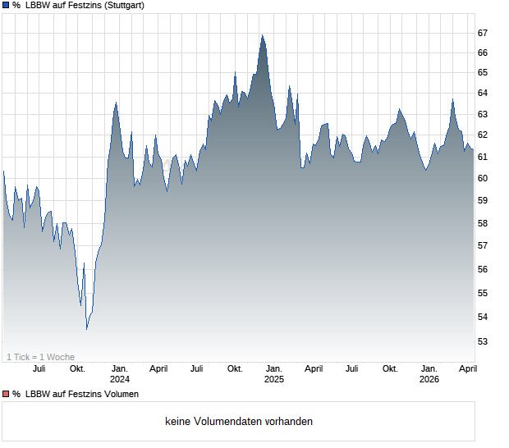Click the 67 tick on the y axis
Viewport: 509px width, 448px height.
pos(483,33)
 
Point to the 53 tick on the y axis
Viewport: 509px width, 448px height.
pos(483,341)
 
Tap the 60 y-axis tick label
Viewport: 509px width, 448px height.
pos(483,179)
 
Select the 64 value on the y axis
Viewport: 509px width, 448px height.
pos(483,94)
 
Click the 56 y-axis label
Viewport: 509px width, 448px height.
pos(483,269)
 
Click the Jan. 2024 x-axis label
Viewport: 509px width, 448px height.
pos(120,374)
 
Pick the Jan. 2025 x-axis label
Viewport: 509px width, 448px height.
pos(274,374)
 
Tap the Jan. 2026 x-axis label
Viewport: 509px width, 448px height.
pos(429,374)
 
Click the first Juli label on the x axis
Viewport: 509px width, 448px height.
pos(39,369)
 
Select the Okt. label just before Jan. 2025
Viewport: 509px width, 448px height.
pos(235,369)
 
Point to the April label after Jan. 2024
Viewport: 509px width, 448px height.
pos(158,369)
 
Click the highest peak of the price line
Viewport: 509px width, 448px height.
pos(262,35)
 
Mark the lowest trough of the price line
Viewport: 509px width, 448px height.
pos(87,329)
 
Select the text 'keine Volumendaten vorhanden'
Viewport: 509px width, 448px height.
pos(238,422)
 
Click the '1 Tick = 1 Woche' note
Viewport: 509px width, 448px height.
pos(40,357)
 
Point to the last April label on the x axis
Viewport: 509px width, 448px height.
pos(466,369)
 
